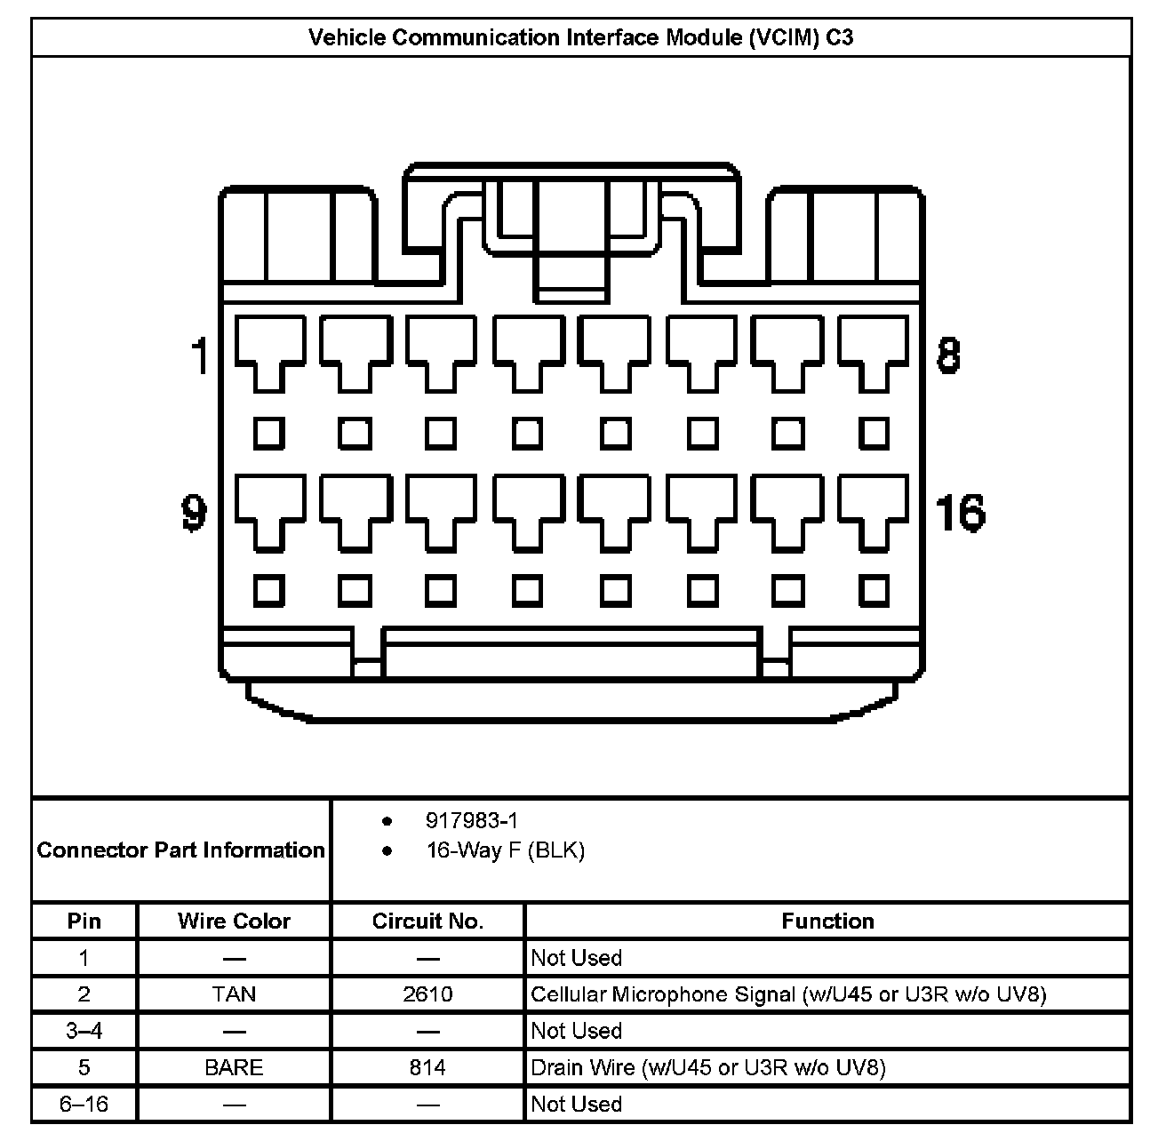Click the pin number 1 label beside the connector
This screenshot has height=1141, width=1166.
[200, 355]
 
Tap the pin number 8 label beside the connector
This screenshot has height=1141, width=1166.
[948, 355]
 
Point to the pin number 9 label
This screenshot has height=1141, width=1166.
[194, 513]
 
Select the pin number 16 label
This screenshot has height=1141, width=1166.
[960, 513]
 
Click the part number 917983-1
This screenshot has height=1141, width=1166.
[471, 821]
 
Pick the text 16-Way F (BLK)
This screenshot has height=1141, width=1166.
[505, 850]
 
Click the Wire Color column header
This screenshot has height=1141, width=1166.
[234, 921]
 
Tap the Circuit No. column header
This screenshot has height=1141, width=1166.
[427, 921]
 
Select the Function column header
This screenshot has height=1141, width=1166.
[827, 921]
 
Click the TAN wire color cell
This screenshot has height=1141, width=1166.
[234, 993]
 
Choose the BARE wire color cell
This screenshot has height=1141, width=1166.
[234, 1066]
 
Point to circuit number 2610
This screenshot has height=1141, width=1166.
[427, 993]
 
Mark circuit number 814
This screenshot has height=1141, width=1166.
[427, 1066]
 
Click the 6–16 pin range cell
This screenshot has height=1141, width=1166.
[84, 1104]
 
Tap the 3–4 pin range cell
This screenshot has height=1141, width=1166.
[84, 1031]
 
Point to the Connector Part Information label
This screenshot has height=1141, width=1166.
[180, 850]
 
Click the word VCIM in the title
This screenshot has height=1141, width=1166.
[783, 37]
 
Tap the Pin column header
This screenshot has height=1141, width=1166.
[84, 921]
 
